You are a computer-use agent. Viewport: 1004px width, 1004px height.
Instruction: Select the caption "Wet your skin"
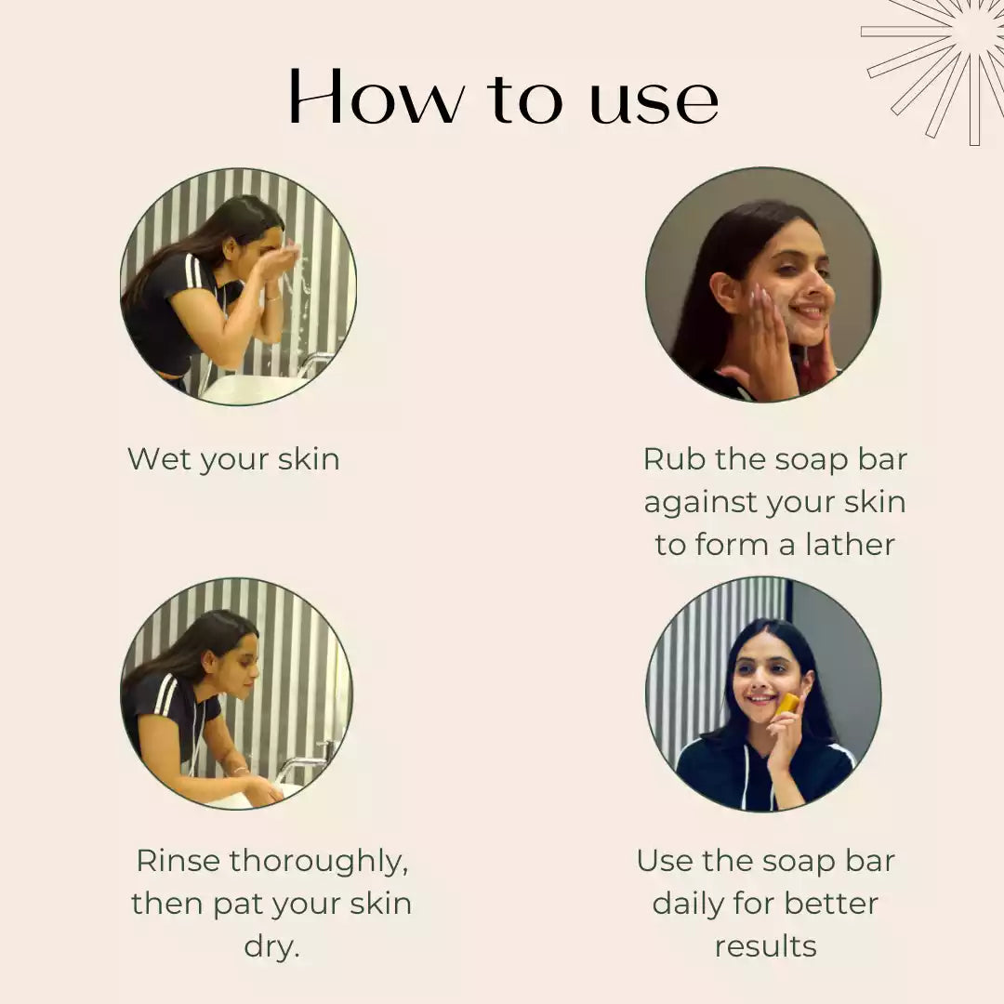point(233,460)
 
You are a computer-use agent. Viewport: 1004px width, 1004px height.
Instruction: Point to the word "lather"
point(850,544)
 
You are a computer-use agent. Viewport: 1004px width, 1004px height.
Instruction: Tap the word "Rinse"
point(178,861)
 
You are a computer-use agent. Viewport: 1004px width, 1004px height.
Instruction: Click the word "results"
point(766,946)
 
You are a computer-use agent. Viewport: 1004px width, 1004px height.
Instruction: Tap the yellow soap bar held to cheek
point(787,705)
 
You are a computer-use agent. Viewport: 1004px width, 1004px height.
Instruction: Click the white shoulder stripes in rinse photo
point(165,694)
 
